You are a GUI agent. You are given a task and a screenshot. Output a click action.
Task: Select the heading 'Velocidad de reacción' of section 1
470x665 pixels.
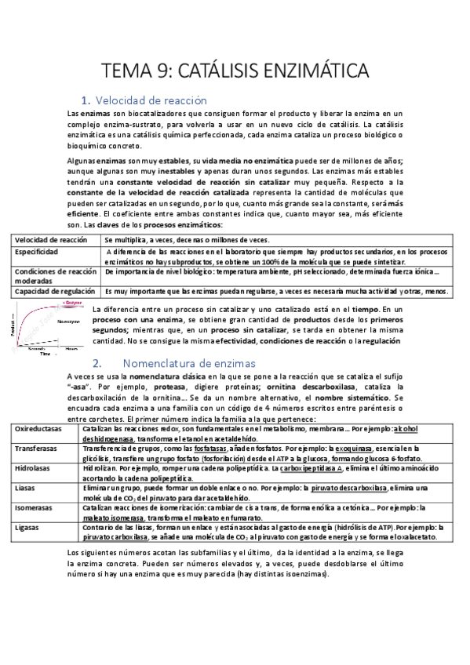tap(150, 100)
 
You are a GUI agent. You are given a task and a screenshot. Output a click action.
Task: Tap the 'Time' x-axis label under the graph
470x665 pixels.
tap(46, 354)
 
